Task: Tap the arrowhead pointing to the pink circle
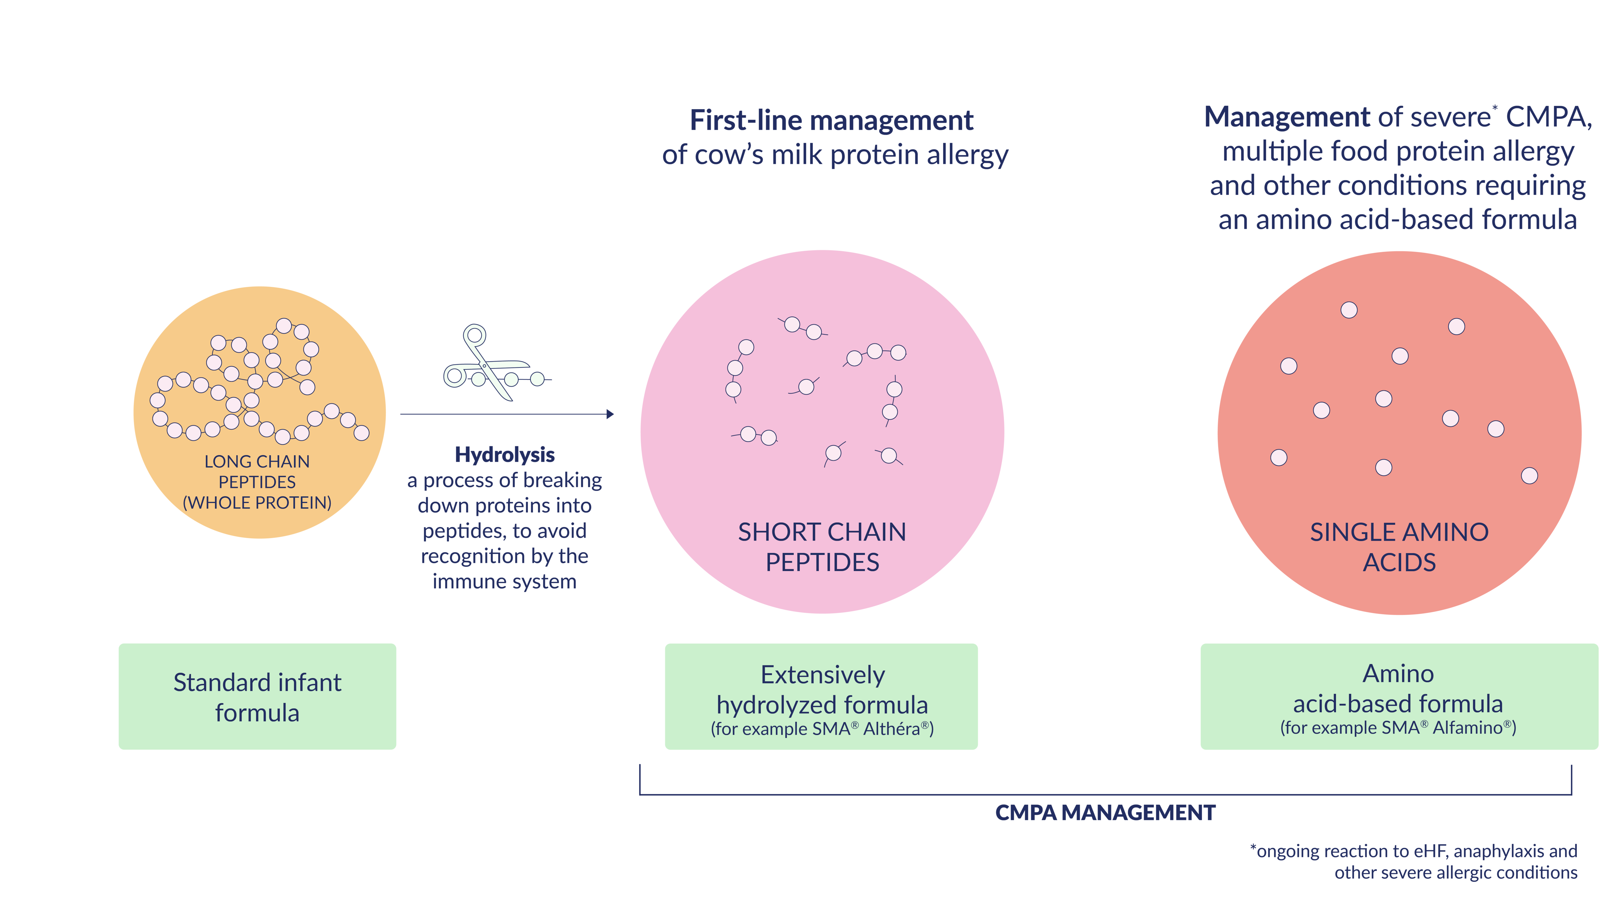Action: pos(610,414)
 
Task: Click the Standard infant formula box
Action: pos(257,696)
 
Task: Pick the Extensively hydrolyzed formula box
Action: pos(821,696)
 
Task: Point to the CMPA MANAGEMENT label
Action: pos(1105,812)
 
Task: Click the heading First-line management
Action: pos(831,120)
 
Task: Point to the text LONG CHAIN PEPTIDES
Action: pos(257,472)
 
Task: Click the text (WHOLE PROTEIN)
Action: pos(257,502)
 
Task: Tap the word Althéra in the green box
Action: pos(892,729)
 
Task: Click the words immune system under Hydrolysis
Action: pos(504,582)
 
